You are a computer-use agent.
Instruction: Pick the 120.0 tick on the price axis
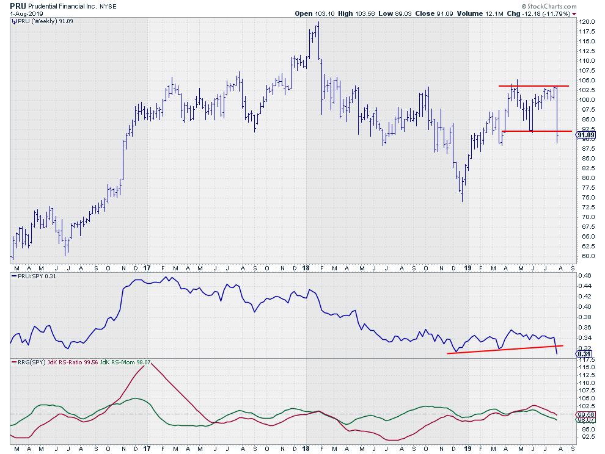click(586, 22)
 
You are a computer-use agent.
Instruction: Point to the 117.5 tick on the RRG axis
click(586, 360)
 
